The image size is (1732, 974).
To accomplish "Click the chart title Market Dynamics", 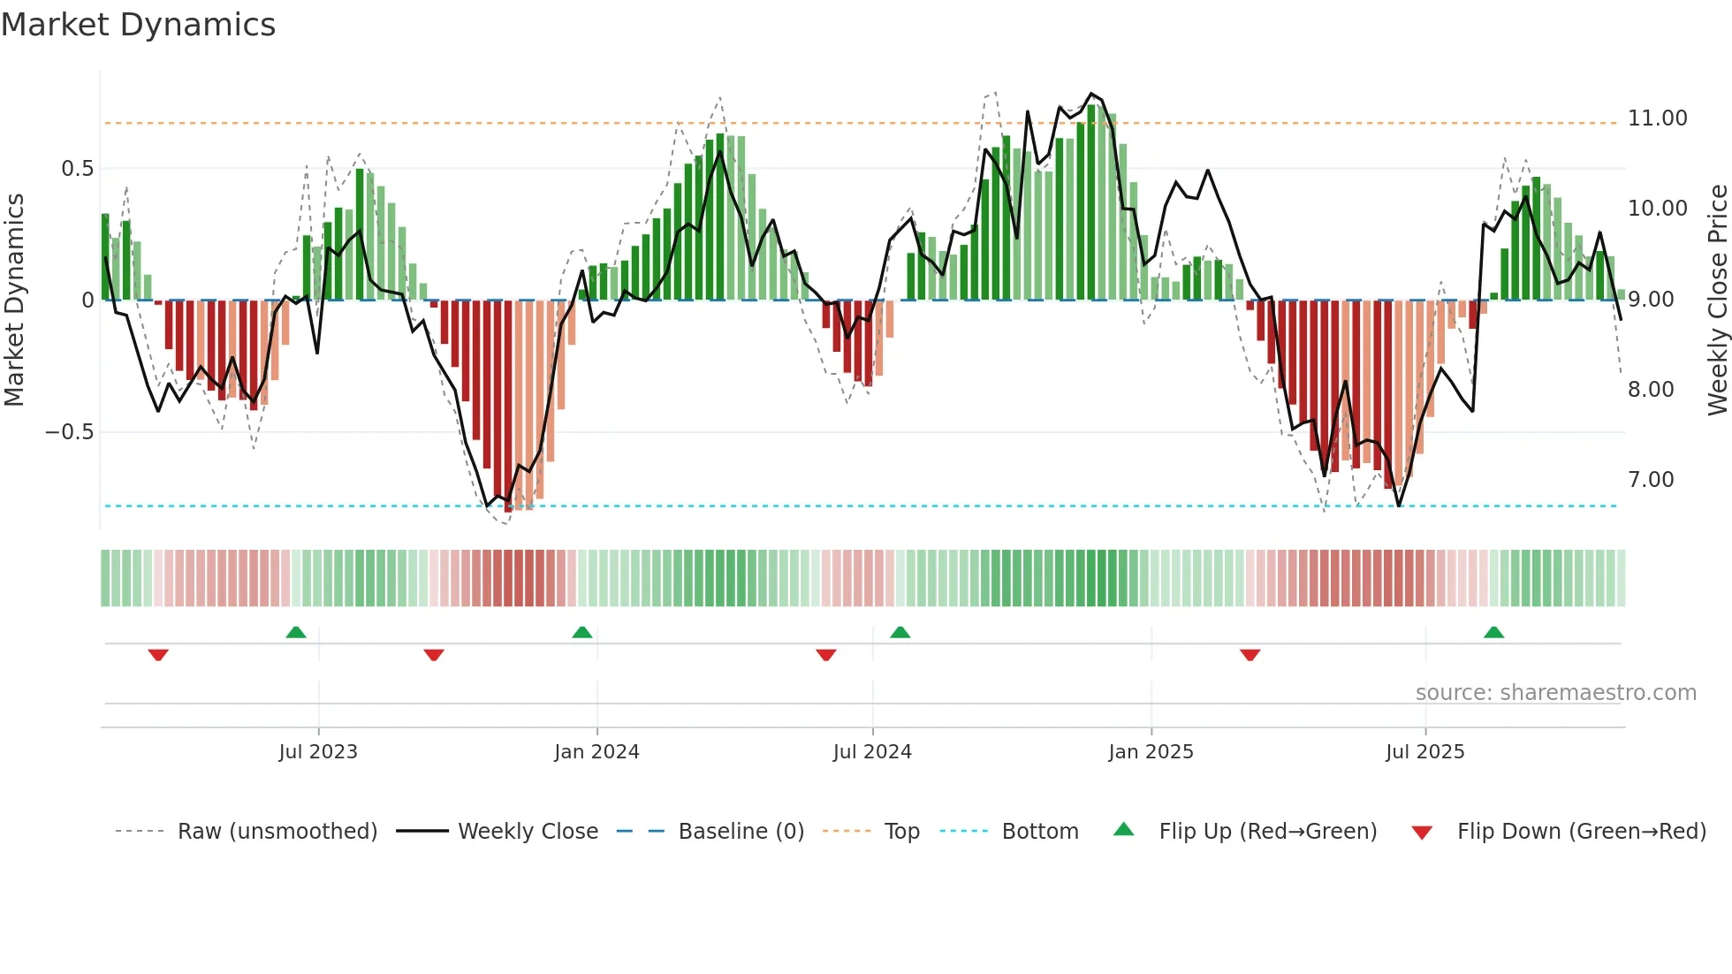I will click(x=139, y=25).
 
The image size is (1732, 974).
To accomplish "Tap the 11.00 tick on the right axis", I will click(x=1657, y=118).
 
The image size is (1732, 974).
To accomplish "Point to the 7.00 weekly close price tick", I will click(x=1651, y=480).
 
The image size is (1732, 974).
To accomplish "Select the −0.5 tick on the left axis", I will click(x=69, y=432).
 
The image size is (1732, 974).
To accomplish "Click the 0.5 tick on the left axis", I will click(x=77, y=169).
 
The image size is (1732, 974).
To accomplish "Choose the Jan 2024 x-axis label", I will click(x=596, y=752).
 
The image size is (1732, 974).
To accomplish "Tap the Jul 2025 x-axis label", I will click(x=1424, y=752).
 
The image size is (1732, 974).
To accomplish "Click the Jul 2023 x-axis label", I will click(x=318, y=752).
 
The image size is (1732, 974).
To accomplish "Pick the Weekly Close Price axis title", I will click(x=1717, y=301).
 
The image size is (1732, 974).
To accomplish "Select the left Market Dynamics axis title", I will click(x=14, y=301).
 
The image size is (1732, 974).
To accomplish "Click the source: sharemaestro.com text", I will click(x=1555, y=693).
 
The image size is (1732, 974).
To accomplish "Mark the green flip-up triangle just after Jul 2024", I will click(x=900, y=633).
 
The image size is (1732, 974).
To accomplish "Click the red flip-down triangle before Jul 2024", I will click(x=826, y=655).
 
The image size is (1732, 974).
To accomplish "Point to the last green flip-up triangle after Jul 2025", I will click(x=1493, y=633).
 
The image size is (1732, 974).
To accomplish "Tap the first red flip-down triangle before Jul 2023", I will click(x=158, y=655).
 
